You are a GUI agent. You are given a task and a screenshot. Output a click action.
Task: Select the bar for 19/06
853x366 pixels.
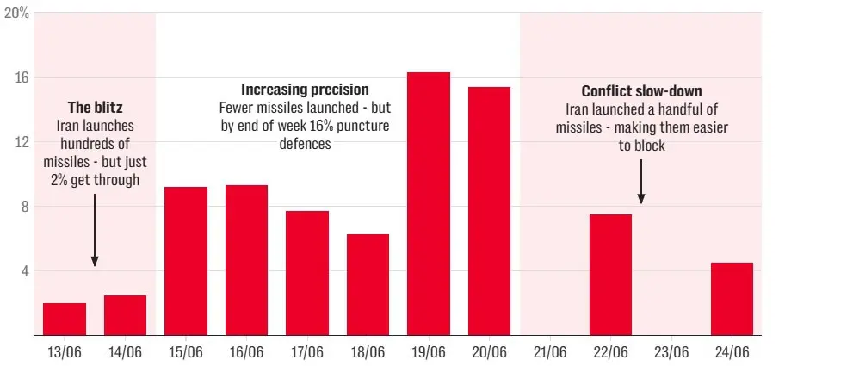coord(429,203)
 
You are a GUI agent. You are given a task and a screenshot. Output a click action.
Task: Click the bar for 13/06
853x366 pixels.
coord(65,319)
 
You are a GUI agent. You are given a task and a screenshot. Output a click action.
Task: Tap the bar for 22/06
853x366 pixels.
coord(610,274)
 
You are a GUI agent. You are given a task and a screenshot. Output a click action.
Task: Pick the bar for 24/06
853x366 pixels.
coord(732,298)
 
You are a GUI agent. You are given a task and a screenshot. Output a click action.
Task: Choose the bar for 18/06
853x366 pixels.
coord(368,284)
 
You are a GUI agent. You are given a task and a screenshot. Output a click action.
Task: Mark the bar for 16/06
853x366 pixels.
coord(246,260)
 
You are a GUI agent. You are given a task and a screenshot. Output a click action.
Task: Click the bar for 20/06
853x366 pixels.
coord(489,211)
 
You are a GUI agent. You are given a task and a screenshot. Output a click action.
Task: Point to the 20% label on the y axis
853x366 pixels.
coord(16,14)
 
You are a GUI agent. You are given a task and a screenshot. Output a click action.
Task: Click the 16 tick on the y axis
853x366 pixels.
coord(22,78)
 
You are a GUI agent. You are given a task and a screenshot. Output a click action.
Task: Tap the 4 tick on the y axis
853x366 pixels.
coord(25,270)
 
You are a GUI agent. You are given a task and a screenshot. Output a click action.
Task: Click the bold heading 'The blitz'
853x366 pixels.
coord(95,108)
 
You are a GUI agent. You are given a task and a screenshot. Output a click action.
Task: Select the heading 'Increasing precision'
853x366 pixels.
coord(305,90)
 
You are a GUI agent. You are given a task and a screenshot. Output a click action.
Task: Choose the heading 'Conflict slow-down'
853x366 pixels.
coord(641,91)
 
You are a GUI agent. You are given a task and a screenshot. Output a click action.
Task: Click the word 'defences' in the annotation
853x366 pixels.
coord(305,144)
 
